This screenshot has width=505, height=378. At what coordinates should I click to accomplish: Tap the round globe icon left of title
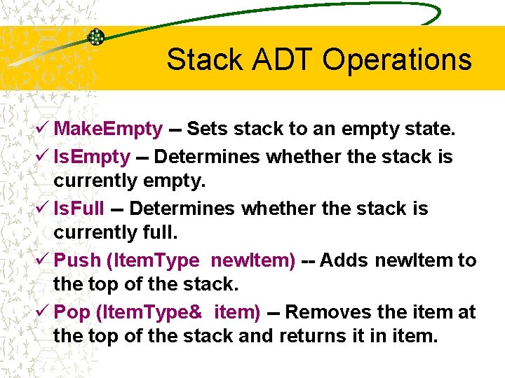[96, 37]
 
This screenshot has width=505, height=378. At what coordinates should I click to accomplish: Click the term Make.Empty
[109, 129]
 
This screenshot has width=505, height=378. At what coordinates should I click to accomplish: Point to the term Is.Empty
[92, 157]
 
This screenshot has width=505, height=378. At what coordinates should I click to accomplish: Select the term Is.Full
[79, 209]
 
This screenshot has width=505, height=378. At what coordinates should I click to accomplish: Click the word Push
[77, 260]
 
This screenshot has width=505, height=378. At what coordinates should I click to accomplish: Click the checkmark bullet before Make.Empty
[43, 129]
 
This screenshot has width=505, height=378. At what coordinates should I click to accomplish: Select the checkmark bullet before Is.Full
[43, 208]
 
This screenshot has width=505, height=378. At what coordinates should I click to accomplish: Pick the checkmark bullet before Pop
[43, 311]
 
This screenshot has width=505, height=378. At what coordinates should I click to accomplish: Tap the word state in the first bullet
[427, 129]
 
